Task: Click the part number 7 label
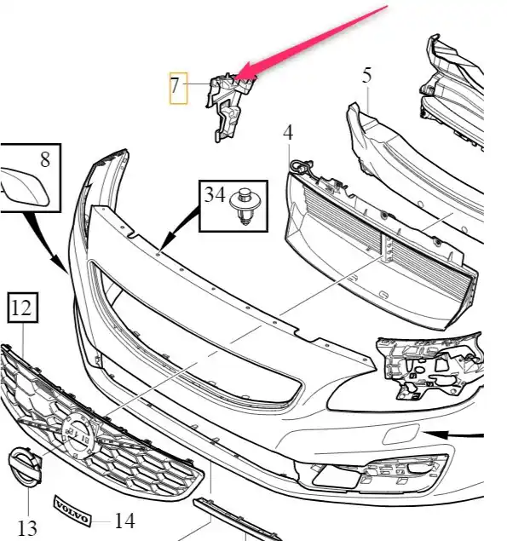[175, 85]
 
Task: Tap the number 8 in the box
[45, 160]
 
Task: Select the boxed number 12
[21, 308]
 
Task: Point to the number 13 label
[27, 527]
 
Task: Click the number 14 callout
[124, 521]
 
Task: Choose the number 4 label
[288, 132]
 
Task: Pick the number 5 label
[367, 75]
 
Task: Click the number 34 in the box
[215, 194]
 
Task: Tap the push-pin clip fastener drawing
[245, 206]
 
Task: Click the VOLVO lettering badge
[72, 511]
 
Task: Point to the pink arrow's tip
[237, 77]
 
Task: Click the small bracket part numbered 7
[231, 106]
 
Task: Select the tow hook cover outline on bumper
[400, 435]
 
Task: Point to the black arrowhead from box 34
[166, 244]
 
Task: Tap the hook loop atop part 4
[301, 166]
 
